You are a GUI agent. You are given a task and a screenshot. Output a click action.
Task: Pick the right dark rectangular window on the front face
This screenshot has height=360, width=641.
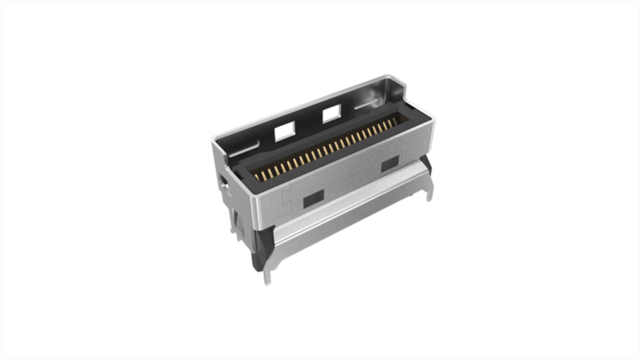pyautogui.click(x=390, y=165)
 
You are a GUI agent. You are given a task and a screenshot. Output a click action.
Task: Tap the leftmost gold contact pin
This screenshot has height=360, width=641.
pyautogui.click(x=258, y=177)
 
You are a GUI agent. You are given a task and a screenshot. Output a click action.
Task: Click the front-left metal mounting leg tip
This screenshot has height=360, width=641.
pyautogui.click(x=267, y=281)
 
